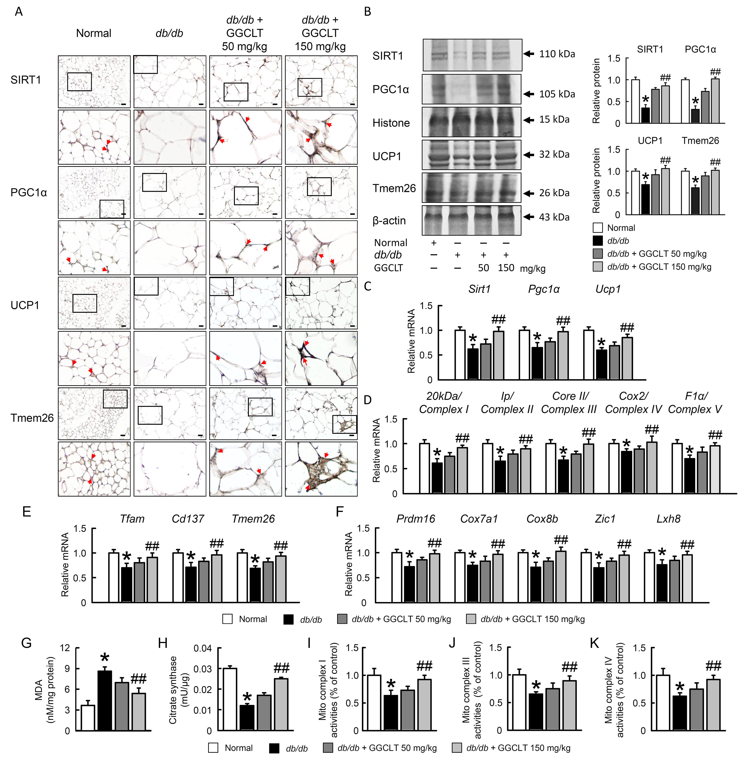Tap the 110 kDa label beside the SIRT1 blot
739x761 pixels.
tap(557, 54)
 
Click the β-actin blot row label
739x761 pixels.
tap(389, 220)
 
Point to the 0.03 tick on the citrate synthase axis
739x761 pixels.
tap(203, 669)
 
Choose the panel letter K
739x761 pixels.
tap(594, 643)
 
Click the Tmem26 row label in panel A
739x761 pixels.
tap(32, 418)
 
